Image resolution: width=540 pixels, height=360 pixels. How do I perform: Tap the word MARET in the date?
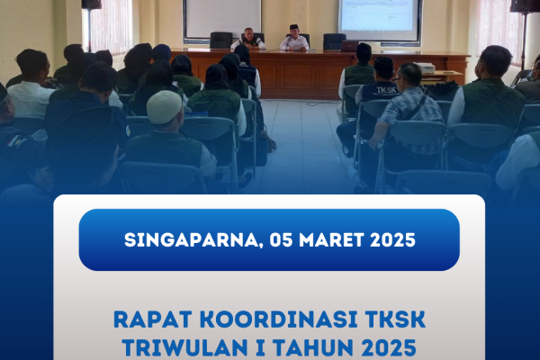tap(331, 239)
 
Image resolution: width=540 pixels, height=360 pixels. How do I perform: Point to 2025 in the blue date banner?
tap(392, 239)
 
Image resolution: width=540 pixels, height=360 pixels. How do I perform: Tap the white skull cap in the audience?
tap(165, 107)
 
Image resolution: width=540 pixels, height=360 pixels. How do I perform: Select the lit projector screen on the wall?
tap(380, 19)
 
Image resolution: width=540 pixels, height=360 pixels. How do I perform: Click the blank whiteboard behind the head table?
tap(222, 18)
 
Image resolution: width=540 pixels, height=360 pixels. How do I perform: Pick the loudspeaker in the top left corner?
tap(92, 4)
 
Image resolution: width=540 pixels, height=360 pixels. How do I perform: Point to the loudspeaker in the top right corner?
tap(525, 6)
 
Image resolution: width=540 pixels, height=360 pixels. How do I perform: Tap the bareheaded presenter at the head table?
tap(248, 39)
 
